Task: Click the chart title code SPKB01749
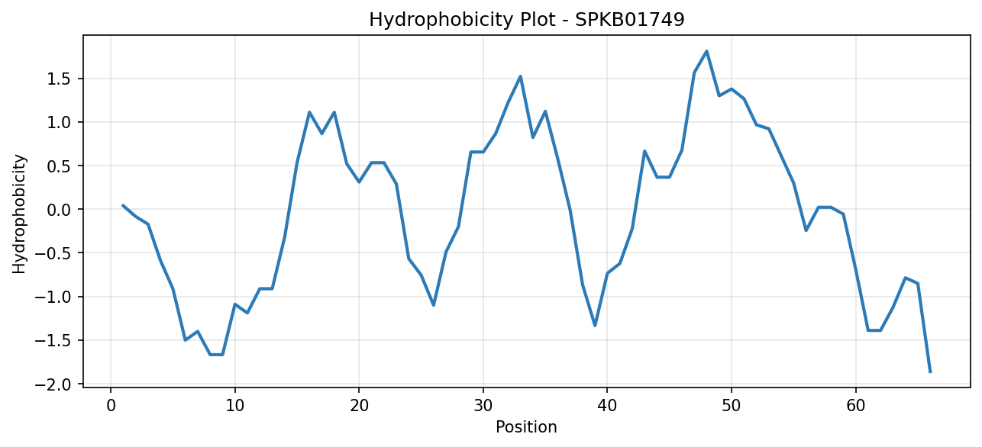(629, 20)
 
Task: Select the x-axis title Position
(526, 427)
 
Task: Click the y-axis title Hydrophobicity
(19, 214)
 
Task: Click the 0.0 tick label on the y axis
(59, 210)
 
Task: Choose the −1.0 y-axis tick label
(53, 297)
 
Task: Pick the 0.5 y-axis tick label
(59, 166)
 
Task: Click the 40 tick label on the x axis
(607, 406)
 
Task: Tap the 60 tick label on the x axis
(855, 406)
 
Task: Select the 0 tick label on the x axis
(111, 406)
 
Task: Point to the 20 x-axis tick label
(359, 406)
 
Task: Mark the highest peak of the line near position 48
(706, 51)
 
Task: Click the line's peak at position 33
(520, 76)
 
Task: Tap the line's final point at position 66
(930, 372)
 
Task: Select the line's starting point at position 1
(123, 205)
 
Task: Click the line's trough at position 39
(594, 326)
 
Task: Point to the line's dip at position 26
(433, 305)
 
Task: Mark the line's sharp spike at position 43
(644, 151)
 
